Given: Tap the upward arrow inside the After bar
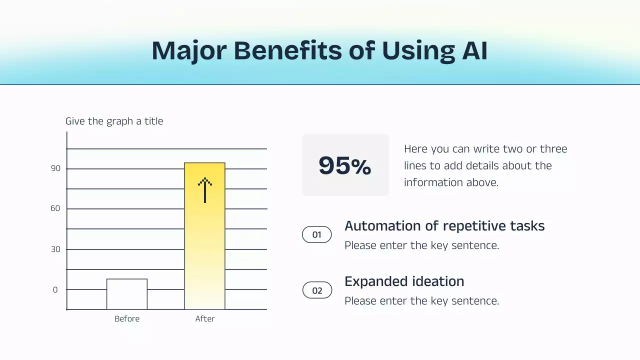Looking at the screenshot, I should coord(204,190).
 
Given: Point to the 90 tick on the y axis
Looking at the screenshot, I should coord(55,168).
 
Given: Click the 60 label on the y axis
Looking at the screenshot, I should coord(55,208).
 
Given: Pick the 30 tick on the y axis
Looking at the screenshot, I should coord(55,249).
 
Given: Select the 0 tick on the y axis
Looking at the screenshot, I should coord(55,290).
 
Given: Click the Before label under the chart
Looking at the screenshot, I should coord(127,319).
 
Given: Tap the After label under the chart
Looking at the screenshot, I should coord(205,319).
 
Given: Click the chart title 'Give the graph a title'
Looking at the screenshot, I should coord(114,121).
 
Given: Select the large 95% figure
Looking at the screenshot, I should coord(345,165).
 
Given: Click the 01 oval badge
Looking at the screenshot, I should coord(317,234).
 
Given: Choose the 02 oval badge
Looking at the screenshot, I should coord(317,290).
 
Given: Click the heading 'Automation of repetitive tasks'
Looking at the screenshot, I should coord(444,226).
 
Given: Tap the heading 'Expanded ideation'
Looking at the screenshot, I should coord(404,281).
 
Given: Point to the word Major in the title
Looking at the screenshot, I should coord(188,50).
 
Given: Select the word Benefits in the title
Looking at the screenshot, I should coord(287,50).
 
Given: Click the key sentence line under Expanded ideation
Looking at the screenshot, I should coord(421,301).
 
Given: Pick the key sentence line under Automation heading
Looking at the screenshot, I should coord(421,245).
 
